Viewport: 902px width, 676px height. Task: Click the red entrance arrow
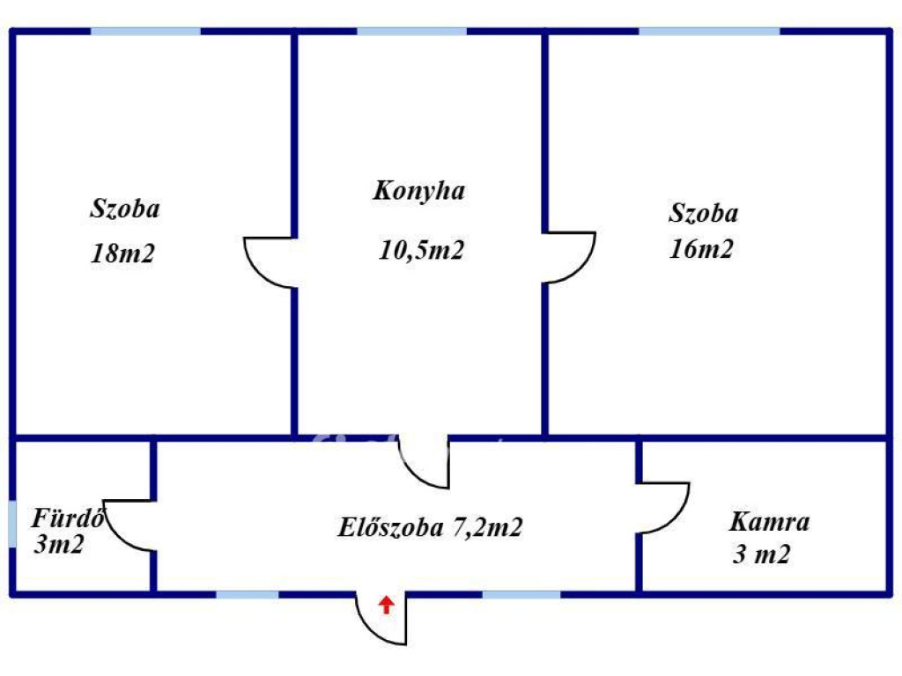click(386, 604)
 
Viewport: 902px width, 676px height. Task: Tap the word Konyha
click(419, 191)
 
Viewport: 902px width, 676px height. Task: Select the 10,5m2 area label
click(421, 250)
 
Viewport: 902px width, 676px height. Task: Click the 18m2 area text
click(122, 253)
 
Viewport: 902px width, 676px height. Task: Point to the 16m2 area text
click(701, 249)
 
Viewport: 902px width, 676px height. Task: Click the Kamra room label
click(769, 522)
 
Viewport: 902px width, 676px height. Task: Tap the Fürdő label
click(68, 518)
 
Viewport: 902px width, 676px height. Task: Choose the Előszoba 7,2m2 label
click(430, 528)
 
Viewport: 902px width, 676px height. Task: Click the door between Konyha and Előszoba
click(424, 461)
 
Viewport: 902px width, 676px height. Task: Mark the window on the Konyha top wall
click(411, 32)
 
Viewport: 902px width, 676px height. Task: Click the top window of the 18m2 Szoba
click(145, 32)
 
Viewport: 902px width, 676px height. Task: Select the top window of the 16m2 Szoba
click(709, 32)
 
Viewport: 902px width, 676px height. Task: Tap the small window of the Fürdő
click(11, 525)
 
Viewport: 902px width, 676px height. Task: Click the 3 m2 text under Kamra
click(761, 555)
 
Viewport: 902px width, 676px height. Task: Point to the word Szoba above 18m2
click(125, 209)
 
